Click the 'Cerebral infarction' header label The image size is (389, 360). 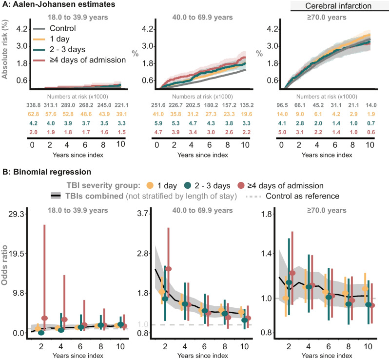(x=338, y=6)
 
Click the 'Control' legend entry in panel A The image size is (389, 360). (x=62, y=28)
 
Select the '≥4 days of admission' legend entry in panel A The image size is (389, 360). (x=88, y=60)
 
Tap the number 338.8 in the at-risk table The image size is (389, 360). (x=34, y=105)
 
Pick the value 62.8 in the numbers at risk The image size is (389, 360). (x=34, y=114)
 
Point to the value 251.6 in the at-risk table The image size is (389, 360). (x=158, y=105)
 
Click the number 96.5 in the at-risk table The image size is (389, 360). (x=282, y=105)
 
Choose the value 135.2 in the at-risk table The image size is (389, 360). (x=246, y=105)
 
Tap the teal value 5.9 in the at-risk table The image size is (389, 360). (x=158, y=123)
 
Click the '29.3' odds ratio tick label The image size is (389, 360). (x=17, y=214)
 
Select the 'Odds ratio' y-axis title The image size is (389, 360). (x=4, y=265)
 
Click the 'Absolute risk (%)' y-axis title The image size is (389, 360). (x=4, y=49)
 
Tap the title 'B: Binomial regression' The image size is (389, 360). (x=47, y=172)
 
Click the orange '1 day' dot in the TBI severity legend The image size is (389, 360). (x=150, y=185)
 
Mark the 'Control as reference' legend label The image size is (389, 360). (x=302, y=196)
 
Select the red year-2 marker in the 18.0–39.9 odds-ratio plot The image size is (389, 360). (x=44, y=318)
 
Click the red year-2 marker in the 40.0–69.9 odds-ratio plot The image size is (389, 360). (x=169, y=269)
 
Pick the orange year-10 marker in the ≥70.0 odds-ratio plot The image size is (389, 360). (x=365, y=289)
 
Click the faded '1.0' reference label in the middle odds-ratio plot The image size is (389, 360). (x=143, y=324)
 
